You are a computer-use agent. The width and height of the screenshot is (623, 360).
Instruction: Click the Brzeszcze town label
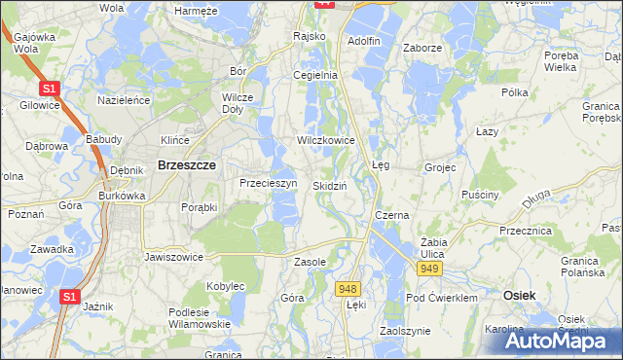pyautogui.click(x=180, y=166)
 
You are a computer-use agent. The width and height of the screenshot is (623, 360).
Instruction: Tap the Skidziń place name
pyautogui.click(x=331, y=185)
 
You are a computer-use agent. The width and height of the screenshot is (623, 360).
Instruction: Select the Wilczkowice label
pyautogui.click(x=326, y=140)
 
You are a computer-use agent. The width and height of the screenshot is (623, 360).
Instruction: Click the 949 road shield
pyautogui.click(x=427, y=267)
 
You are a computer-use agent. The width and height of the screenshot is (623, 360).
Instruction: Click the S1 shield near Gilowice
pyautogui.click(x=52, y=89)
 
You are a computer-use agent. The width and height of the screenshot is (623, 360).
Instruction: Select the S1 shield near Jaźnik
pyautogui.click(x=68, y=297)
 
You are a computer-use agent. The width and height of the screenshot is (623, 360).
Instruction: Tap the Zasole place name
pyautogui.click(x=310, y=262)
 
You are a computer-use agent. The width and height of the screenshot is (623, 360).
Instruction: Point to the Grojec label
pyautogui.click(x=440, y=167)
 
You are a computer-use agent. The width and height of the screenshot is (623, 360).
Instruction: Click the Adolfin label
pyautogui.click(x=363, y=41)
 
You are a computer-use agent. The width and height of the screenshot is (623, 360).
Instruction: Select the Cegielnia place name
pyautogui.click(x=315, y=75)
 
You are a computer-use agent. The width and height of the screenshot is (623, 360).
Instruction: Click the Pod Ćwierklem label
pyautogui.click(x=442, y=298)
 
